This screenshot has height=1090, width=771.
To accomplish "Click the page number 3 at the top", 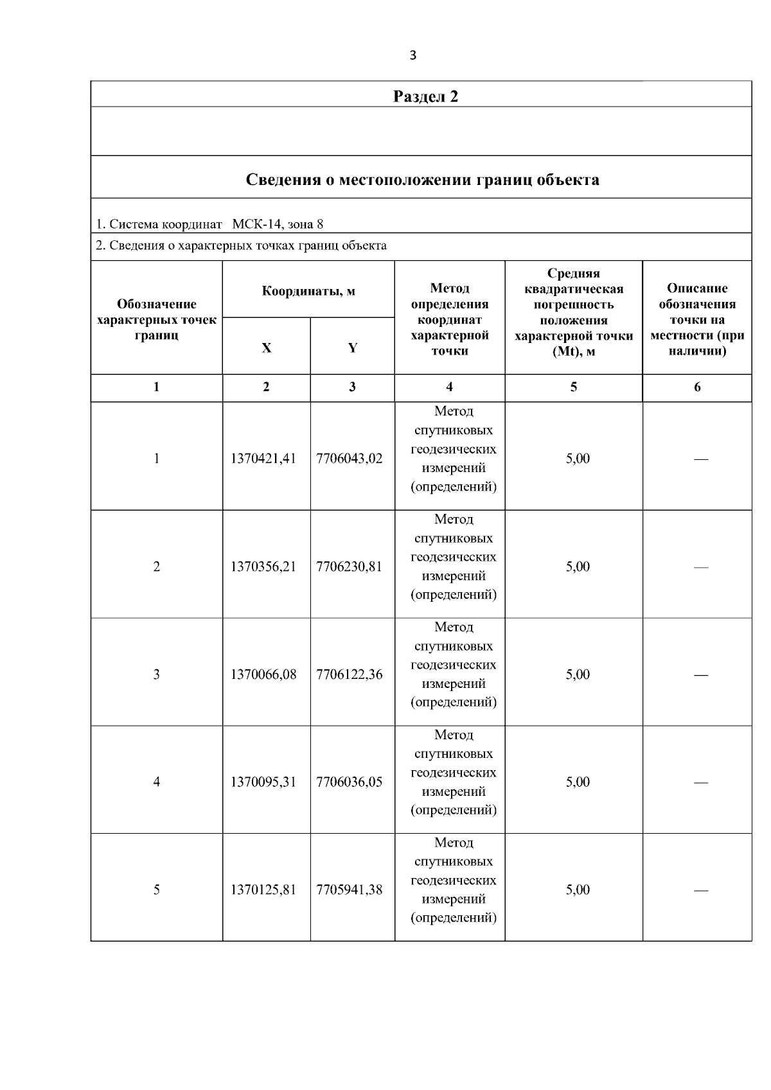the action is coord(412,55).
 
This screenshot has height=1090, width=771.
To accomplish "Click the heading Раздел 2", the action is coord(425,97).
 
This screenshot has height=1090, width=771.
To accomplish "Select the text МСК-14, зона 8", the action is coord(278,224).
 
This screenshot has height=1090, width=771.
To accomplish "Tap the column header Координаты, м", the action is coord(308,291).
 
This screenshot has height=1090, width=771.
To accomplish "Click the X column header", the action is coord(266,347).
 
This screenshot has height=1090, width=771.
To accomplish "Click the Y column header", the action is coord(352,347).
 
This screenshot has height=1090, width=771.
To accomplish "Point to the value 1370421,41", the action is coord(263,459).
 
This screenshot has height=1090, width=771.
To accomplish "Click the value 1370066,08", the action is coord(263,674).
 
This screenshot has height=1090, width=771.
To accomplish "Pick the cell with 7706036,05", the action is coord(350,782).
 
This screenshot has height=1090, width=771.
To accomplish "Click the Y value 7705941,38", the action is coord(350,890).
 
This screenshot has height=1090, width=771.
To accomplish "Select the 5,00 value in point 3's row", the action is coord(577,674).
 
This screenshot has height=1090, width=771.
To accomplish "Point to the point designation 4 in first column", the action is coord(156,782).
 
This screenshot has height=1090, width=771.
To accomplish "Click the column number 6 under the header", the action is coord(697,387).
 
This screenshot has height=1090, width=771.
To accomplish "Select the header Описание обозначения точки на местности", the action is coord(697,319).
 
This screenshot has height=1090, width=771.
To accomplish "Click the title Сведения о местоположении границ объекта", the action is coord(422,179).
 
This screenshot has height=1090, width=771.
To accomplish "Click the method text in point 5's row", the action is coord(453,880).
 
